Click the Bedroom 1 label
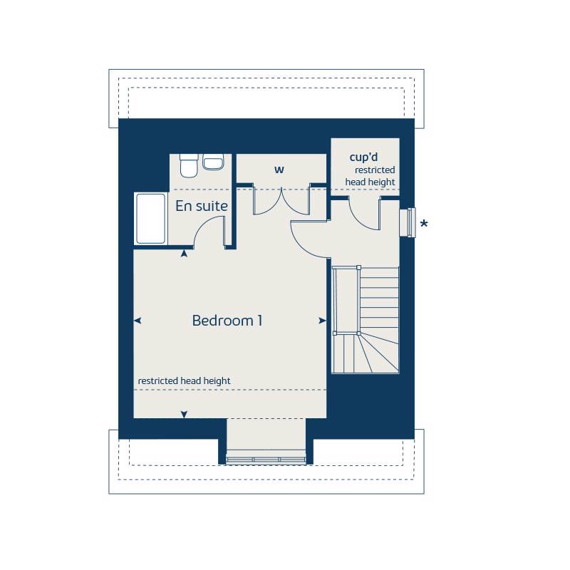(227, 321)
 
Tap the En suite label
(202, 207)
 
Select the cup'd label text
(363, 157)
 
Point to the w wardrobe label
(279, 170)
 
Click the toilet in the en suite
(189, 165)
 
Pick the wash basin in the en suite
(214, 162)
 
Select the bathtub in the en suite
(150, 218)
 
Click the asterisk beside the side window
(424, 225)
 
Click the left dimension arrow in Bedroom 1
(138, 321)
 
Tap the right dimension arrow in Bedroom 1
(322, 321)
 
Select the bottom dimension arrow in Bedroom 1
(185, 414)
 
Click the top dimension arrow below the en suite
(185, 252)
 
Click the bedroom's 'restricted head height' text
(184, 381)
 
